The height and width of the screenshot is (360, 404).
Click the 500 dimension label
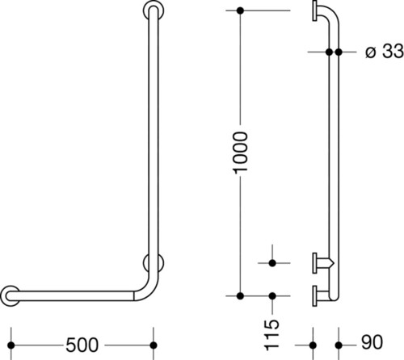(x=82, y=345)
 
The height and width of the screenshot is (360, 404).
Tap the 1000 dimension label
(x=241, y=153)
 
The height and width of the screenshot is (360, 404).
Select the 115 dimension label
(x=271, y=335)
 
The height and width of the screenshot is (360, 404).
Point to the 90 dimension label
(x=372, y=342)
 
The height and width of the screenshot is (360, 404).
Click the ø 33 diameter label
(x=385, y=51)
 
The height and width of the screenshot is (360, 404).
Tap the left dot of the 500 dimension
(x=11, y=345)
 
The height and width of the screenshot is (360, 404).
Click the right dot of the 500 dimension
(x=154, y=345)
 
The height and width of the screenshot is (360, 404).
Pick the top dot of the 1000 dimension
(x=240, y=10)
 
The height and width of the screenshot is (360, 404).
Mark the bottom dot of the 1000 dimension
(x=240, y=296)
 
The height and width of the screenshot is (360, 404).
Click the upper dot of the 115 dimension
(x=272, y=263)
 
